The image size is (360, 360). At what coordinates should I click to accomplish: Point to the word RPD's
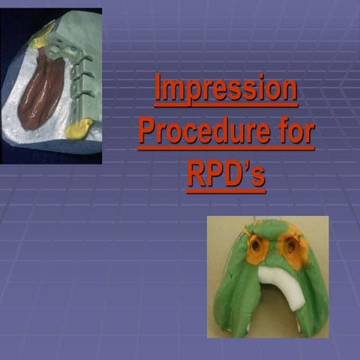[x=226, y=174]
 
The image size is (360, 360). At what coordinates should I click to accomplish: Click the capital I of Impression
[x=158, y=89]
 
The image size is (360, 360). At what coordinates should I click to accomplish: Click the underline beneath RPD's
[x=226, y=191]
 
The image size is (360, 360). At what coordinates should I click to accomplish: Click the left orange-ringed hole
[x=257, y=246]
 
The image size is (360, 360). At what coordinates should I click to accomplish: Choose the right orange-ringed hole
[x=292, y=244]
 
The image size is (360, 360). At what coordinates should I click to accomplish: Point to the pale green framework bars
[x=79, y=67]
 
